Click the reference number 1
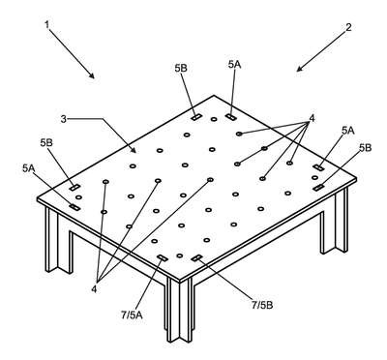click(47, 25)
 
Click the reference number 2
click(348, 27)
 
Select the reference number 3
click(64, 119)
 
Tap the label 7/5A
click(132, 315)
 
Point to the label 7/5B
click(262, 305)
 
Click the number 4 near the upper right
click(312, 119)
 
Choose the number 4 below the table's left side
click(94, 289)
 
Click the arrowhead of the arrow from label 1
click(92, 75)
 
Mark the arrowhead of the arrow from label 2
click(299, 69)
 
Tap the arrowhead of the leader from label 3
click(134, 150)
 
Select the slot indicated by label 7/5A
click(162, 257)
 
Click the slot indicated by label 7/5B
click(196, 257)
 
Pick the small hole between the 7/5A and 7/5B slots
click(180, 255)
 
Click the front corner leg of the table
click(179, 309)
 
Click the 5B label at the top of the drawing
click(181, 68)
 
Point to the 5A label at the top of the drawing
click(234, 64)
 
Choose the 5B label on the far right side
click(365, 148)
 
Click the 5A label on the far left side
click(29, 167)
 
